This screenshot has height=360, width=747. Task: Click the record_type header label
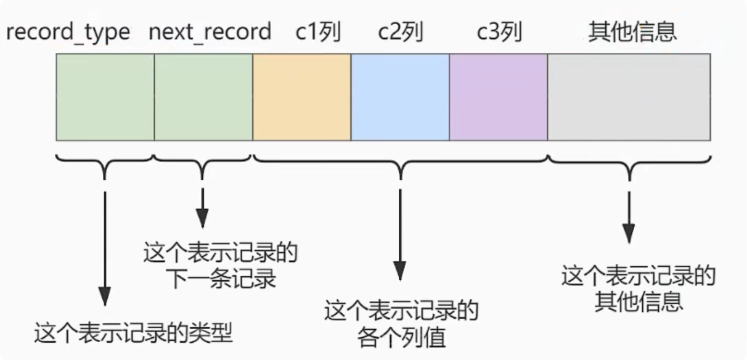coord(68,31)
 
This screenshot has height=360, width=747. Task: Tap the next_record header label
coord(210,31)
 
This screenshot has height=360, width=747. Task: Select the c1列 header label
coord(318,31)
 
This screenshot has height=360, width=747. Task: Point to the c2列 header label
coord(401,31)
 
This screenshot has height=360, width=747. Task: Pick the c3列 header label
coord(499,31)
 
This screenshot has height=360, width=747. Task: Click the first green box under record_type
coord(105,97)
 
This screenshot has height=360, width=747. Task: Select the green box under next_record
coord(203,97)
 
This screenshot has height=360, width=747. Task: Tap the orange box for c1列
coord(302,97)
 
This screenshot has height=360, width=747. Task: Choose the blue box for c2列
coord(401,97)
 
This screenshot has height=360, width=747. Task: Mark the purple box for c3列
coord(499,97)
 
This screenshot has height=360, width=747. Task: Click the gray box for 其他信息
coord(629,97)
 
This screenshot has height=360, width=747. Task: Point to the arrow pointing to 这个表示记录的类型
coord(105,247)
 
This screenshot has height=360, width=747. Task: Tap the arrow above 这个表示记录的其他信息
coord(628,213)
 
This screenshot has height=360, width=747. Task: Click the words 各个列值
coord(401,337)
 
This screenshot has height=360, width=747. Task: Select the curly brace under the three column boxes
coord(401,165)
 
